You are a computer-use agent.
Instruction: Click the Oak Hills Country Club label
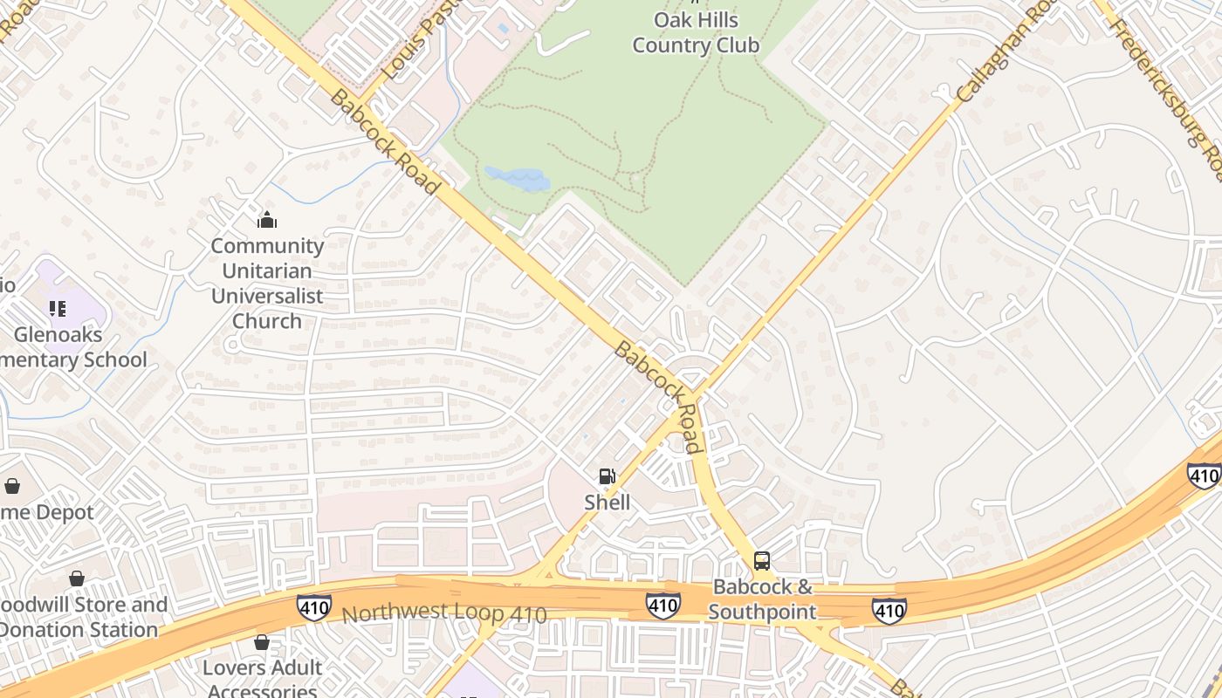click(x=696, y=32)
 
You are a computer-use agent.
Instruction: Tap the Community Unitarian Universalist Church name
click(x=267, y=283)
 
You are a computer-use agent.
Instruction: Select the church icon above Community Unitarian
click(x=267, y=220)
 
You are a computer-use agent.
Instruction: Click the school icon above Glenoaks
click(x=58, y=308)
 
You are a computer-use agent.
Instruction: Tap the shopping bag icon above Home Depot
click(x=12, y=486)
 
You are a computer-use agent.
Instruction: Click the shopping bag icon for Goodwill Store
click(x=77, y=578)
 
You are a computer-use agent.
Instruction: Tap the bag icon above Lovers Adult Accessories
click(x=262, y=643)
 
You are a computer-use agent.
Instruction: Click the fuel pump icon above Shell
click(x=607, y=476)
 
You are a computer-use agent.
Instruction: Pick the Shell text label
click(x=607, y=503)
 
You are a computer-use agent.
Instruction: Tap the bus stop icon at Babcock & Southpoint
click(x=762, y=561)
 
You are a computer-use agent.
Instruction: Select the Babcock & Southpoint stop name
click(x=762, y=599)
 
